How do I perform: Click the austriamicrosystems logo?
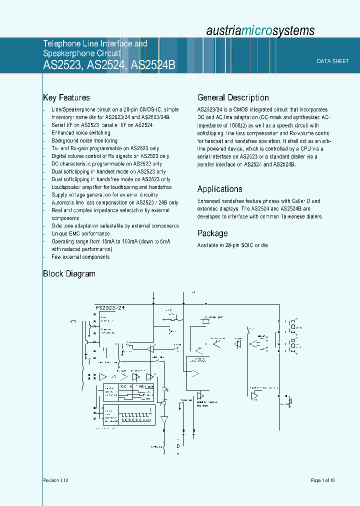click(260, 30)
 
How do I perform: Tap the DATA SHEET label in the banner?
click(332, 61)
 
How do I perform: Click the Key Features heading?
click(66, 98)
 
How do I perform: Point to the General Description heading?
click(233, 98)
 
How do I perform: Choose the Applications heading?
click(219, 189)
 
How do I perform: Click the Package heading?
click(212, 233)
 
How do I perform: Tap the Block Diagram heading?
click(69, 274)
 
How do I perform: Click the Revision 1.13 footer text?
click(55, 480)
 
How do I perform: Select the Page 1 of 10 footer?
click(322, 480)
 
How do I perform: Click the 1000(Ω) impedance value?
click(233, 125)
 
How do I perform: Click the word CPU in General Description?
click(305, 148)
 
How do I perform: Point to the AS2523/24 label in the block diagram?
click(109, 308)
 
